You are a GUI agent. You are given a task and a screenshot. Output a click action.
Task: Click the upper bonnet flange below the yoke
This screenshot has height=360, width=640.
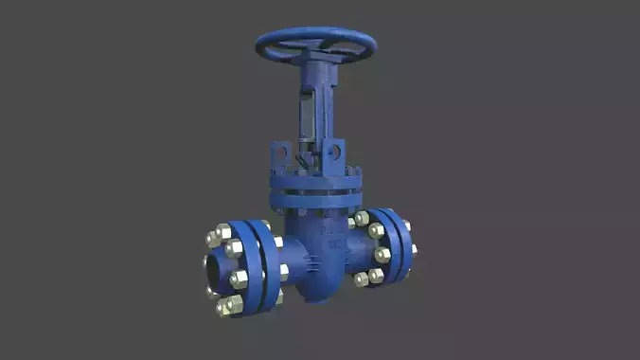coord(314,181)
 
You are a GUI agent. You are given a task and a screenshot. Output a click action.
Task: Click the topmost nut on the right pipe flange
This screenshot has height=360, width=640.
coord(362,219)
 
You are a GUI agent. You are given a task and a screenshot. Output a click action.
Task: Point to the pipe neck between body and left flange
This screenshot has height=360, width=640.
coord(289,258)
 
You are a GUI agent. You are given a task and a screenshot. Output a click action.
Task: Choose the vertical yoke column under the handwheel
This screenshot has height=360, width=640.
coord(315,90)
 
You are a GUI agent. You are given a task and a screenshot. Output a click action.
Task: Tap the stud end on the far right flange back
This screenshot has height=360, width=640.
coord(414,249)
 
